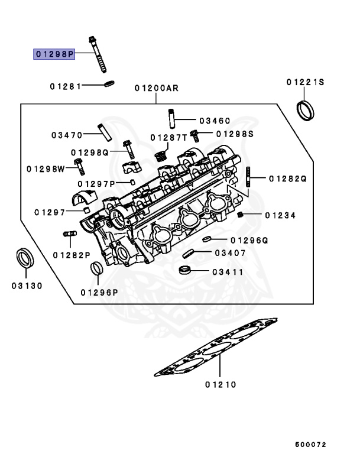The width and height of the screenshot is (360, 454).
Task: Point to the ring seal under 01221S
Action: point(305,110)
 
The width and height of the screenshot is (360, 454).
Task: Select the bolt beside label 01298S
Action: point(194,135)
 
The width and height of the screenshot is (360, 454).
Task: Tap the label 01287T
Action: point(168,137)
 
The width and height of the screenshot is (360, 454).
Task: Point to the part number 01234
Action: point(280,215)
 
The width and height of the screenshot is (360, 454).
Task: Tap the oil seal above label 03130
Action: point(25,259)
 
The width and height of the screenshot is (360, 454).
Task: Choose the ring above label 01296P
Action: point(95,269)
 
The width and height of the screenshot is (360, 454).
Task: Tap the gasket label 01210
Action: point(220,385)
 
